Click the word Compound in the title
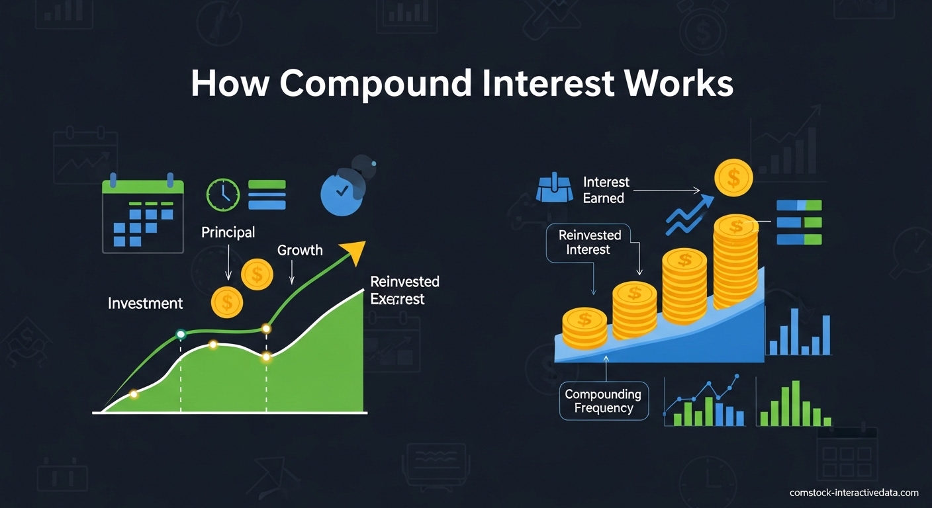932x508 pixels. (375, 84)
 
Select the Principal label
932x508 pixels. (228, 232)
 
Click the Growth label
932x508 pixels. (300, 250)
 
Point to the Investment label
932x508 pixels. (145, 304)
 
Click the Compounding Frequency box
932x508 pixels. (603, 401)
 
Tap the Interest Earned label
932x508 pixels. (606, 190)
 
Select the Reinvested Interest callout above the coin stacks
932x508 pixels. (589, 242)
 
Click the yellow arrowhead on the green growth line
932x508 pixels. (353, 251)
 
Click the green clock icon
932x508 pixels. (223, 194)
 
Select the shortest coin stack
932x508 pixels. (584, 328)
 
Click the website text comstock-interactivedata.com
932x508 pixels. (854, 493)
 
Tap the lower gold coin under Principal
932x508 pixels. (227, 302)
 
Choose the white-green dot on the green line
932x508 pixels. (180, 334)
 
